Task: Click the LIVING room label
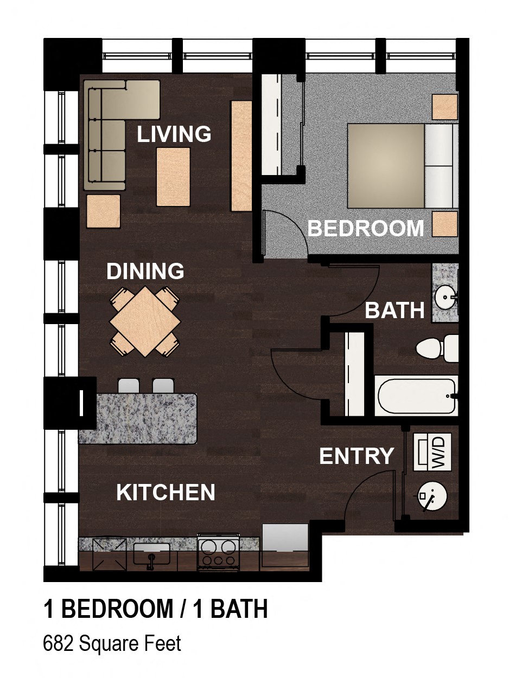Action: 174,134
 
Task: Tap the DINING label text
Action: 145,271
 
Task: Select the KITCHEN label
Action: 166,492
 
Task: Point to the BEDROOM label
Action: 366,228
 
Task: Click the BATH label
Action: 395,311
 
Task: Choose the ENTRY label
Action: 357,456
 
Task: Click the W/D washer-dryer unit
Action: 432,452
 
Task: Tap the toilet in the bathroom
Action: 437,348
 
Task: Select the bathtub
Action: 415,397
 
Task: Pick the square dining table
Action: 145,322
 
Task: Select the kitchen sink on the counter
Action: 151,554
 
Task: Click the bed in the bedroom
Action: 402,166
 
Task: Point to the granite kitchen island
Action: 138,418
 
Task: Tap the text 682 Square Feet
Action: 112,643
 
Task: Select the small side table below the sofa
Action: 103,211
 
